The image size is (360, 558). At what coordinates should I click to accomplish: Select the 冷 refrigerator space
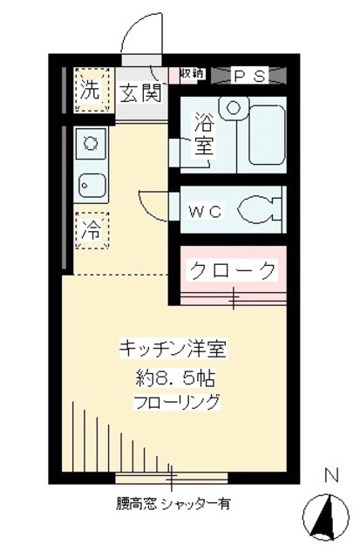point(90,231)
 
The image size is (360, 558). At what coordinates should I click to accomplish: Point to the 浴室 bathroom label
point(203,136)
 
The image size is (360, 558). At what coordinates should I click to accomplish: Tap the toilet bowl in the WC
point(262,210)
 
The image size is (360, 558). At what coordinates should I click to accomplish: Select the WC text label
point(207,211)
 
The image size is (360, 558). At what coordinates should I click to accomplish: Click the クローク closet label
point(233,270)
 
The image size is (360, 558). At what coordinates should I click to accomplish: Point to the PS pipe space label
point(248,76)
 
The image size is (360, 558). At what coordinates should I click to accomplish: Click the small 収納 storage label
point(192,75)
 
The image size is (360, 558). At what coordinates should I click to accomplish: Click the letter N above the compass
point(330,476)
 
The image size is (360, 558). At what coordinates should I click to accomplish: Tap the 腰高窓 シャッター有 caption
point(172,504)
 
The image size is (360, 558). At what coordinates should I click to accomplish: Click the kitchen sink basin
point(92,185)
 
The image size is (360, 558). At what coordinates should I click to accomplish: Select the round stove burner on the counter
point(91,140)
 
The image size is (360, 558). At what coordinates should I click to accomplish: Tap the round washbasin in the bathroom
point(233,106)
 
